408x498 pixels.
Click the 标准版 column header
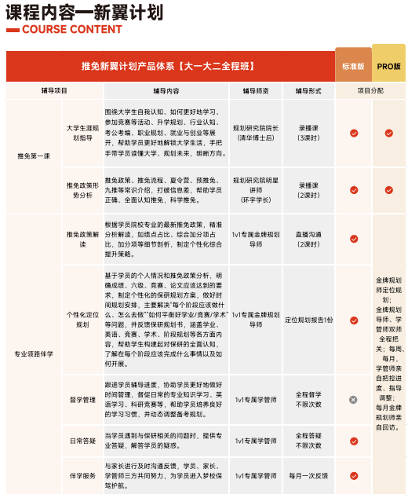[x=353, y=66]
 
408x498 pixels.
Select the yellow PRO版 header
[x=389, y=66]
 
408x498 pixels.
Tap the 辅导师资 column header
[x=256, y=90]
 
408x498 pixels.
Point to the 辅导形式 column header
[x=308, y=90]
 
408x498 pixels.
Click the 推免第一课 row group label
[x=32, y=156]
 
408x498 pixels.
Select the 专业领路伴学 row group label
[x=33, y=353]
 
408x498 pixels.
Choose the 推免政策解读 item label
[x=82, y=239]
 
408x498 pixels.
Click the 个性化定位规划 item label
[x=82, y=319]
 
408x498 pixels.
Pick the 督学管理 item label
[x=82, y=399]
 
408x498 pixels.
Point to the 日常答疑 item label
[x=82, y=440]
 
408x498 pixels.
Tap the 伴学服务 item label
[x=82, y=476]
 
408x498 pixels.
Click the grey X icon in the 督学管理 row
[x=353, y=399]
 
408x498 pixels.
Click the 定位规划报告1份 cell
[x=308, y=320]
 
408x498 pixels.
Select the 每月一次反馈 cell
[x=308, y=476]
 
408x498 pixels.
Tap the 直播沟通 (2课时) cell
[x=308, y=239]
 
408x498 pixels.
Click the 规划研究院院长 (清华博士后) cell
[x=256, y=132]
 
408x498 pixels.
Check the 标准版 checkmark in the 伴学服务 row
[x=353, y=476]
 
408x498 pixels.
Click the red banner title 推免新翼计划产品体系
[x=168, y=66]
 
